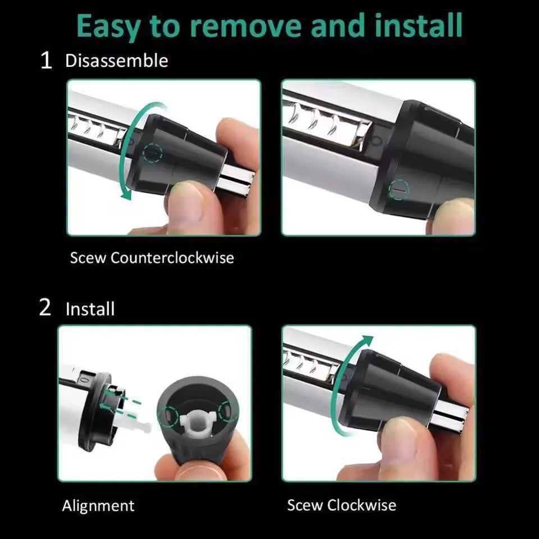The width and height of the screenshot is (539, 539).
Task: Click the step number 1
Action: pos(47,61)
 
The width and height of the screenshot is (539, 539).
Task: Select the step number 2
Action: pos(45,308)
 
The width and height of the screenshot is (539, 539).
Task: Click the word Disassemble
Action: pos(116,61)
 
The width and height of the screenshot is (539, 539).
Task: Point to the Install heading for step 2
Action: pos(90,309)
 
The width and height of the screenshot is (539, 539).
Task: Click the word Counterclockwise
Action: pos(172,258)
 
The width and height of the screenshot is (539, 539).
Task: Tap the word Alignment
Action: pos(98,505)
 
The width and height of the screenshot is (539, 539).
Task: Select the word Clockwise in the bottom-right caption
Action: pos(362,505)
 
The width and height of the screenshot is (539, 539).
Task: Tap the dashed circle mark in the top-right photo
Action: pos(399,190)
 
